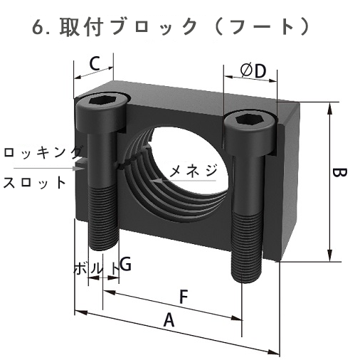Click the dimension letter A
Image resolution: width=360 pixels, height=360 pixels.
[x=169, y=321]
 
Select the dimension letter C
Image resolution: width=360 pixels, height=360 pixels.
[x=94, y=65]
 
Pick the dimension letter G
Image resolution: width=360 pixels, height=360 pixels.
[x=125, y=265]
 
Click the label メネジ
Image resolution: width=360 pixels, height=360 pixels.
[x=192, y=170]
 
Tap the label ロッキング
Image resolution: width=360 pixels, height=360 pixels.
[x=41, y=152]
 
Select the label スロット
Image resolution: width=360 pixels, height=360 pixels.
[x=34, y=181]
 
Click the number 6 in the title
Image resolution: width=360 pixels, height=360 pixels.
[x=39, y=28]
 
